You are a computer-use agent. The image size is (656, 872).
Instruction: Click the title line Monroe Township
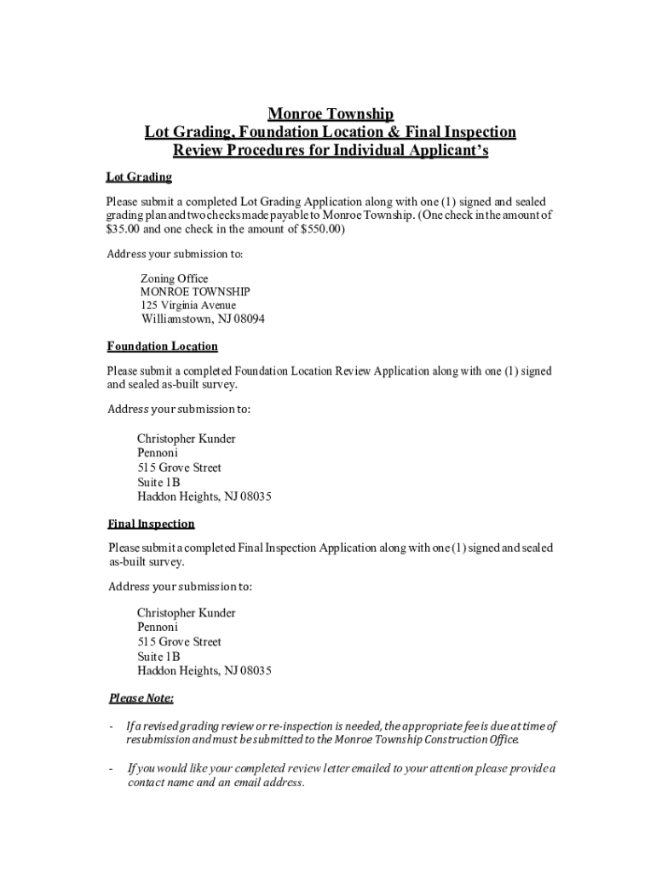[x=331, y=114]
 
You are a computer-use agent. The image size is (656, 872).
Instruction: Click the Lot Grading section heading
[x=139, y=177]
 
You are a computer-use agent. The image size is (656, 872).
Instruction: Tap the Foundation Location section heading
[x=162, y=347]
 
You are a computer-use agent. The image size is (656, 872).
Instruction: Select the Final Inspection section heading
[x=151, y=524]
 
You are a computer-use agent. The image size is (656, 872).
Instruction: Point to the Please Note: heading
[x=141, y=698]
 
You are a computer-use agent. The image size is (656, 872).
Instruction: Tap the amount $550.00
[x=320, y=230]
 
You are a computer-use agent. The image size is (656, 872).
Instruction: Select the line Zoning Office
[x=174, y=279]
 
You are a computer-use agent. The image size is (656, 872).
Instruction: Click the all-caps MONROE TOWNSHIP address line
[x=195, y=292]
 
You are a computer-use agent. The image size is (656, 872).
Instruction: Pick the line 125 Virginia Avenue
[x=188, y=305]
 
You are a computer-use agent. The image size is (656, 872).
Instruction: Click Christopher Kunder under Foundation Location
[x=187, y=439]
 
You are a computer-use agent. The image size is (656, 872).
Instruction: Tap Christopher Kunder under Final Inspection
[x=187, y=613]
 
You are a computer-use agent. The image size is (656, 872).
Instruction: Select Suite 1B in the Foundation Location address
[x=158, y=482]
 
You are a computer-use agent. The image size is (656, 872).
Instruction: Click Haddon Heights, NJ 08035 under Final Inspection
[x=204, y=671]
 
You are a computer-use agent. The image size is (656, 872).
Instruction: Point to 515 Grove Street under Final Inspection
[x=179, y=642]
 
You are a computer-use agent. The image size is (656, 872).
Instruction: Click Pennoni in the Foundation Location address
[x=158, y=453]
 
